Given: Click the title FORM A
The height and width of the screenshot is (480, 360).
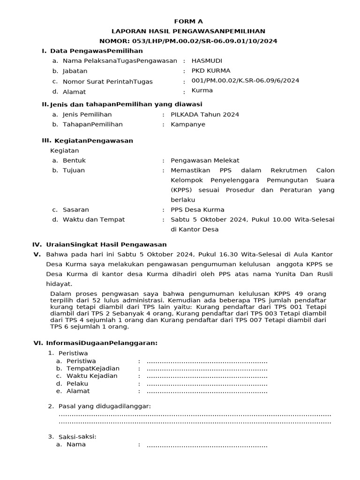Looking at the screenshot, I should coord(188,21).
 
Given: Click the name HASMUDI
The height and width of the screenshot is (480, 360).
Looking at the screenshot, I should coord(207,60).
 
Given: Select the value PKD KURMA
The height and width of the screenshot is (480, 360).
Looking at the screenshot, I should coord(211,71).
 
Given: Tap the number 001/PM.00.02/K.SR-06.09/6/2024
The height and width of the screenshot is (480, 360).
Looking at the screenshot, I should coord(245,81).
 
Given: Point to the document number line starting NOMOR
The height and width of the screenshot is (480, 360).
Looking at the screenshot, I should coord(188,41).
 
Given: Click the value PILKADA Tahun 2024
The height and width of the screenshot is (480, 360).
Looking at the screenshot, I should coord(205,114).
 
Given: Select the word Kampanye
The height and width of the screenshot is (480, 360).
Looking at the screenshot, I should coord(188,125).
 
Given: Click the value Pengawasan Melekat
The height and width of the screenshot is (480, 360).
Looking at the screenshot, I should coord(205,160).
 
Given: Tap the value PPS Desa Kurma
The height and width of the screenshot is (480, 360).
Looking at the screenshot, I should coord(197,210).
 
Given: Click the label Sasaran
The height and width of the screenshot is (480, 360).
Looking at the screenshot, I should coord(75,210).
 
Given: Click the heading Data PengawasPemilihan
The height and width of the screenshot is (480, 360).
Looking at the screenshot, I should coord(97,51).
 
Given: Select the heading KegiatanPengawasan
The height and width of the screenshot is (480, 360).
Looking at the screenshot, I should coord(94,141).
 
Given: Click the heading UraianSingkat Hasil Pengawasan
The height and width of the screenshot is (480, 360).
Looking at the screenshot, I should coord(106,245).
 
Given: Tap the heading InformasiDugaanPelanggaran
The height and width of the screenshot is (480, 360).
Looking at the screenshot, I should coord(102,343).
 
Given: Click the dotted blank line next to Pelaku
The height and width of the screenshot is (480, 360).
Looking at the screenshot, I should coord(207,383).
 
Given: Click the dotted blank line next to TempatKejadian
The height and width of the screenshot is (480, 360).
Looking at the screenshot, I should coord(207,368).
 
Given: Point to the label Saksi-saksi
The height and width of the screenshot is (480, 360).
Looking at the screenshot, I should coord(77,436).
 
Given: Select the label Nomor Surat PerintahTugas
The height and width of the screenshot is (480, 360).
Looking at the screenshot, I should coord(108,82).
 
